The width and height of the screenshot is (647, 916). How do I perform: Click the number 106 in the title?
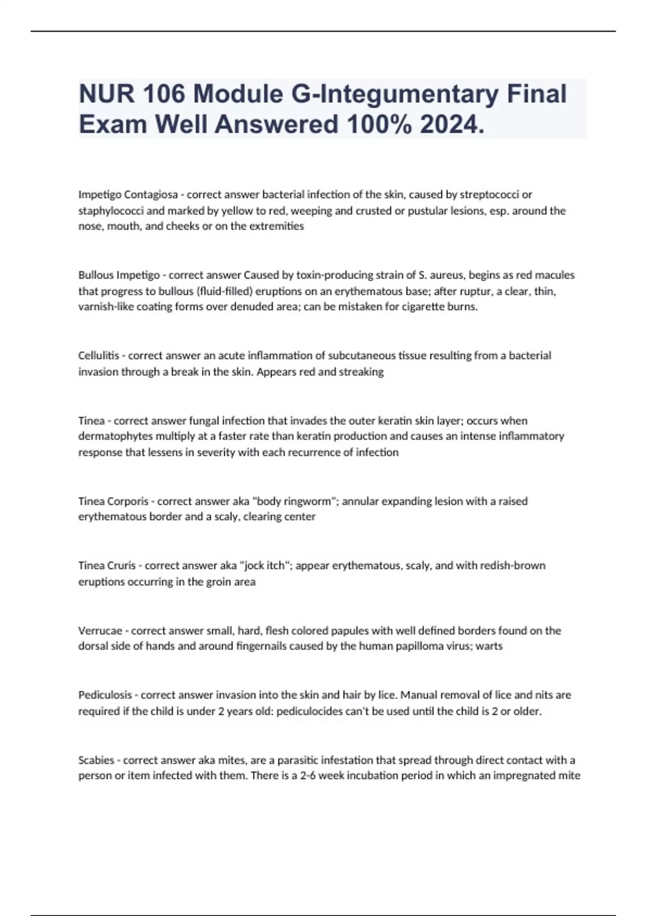tap(163, 94)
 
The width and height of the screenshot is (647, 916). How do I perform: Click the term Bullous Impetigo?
tap(119, 275)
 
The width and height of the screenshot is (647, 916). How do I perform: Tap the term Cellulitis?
tap(99, 356)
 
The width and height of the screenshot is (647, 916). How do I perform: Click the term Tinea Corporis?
tap(113, 501)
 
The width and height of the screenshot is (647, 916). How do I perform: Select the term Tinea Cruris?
tap(107, 566)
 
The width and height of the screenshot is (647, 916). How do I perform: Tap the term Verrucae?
tap(100, 630)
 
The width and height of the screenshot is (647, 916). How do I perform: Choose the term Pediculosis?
tap(105, 695)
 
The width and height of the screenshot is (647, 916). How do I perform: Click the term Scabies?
tap(96, 760)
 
